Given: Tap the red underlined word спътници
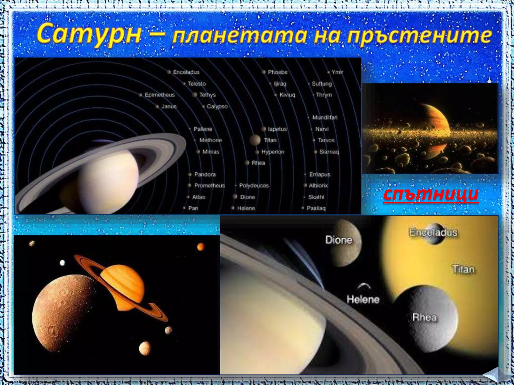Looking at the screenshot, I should (x=431, y=194).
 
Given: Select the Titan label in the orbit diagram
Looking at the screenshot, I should (x=270, y=140).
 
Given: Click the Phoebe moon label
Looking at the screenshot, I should (x=277, y=72).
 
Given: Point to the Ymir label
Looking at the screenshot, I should (x=337, y=72).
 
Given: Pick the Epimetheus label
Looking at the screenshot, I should (x=160, y=95).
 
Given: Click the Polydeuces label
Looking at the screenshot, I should (x=254, y=185).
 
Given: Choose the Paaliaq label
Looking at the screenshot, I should (x=316, y=208).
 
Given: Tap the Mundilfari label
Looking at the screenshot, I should (x=325, y=118).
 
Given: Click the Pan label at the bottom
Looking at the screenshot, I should (x=193, y=208).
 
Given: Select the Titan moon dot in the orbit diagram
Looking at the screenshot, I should (x=255, y=140).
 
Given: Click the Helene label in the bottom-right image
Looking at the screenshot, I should (x=363, y=299).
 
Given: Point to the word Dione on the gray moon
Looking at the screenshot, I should (x=339, y=240).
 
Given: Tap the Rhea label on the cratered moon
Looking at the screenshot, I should (x=424, y=317).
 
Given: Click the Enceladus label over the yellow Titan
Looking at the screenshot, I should (x=433, y=233).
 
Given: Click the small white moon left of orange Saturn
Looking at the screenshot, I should (x=62, y=263).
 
